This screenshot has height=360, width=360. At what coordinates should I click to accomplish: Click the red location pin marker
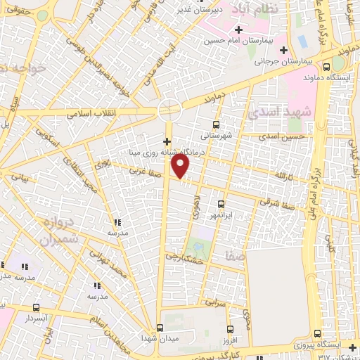tap(181, 166)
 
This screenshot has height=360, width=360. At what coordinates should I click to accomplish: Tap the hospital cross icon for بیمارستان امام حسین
tap(240, 30)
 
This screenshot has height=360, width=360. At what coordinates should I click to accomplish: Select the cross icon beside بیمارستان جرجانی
tap(283, 50)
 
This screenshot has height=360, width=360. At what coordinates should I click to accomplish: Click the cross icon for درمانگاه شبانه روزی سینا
tap(167, 141)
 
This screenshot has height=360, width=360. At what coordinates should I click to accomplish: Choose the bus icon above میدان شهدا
tap(160, 328)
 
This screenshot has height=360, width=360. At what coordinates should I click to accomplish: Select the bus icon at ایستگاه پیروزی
tap(317, 334)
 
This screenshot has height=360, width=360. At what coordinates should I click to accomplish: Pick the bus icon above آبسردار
tap(36, 307)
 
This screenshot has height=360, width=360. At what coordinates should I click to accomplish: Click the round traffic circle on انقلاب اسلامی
tap(169, 110)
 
